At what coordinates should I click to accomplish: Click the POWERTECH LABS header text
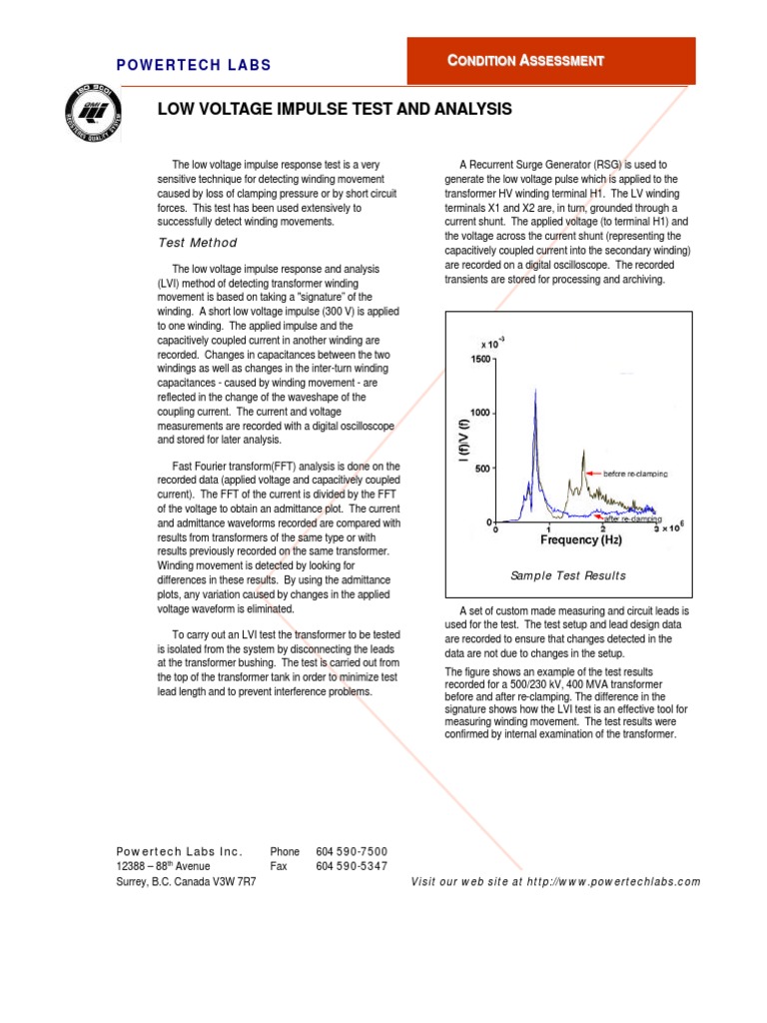tap(194, 66)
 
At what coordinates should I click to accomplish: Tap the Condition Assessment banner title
tap(525, 61)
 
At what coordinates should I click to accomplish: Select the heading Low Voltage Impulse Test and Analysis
tap(335, 109)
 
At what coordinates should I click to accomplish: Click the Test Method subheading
tap(198, 243)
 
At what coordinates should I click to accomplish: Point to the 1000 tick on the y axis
tap(477, 413)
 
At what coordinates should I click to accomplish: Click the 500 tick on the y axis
tap(480, 468)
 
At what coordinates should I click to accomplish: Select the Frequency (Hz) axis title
tap(581, 540)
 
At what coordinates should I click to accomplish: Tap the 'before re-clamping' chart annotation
tap(635, 473)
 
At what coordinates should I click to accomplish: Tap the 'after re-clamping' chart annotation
tap(635, 518)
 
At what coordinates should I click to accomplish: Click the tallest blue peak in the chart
tap(536, 392)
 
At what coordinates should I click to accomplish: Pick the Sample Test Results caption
tap(568, 575)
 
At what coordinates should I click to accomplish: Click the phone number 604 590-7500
tap(352, 851)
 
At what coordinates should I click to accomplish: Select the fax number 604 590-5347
tap(352, 866)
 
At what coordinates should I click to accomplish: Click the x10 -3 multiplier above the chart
tap(492, 343)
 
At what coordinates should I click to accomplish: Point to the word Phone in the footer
tap(285, 851)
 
